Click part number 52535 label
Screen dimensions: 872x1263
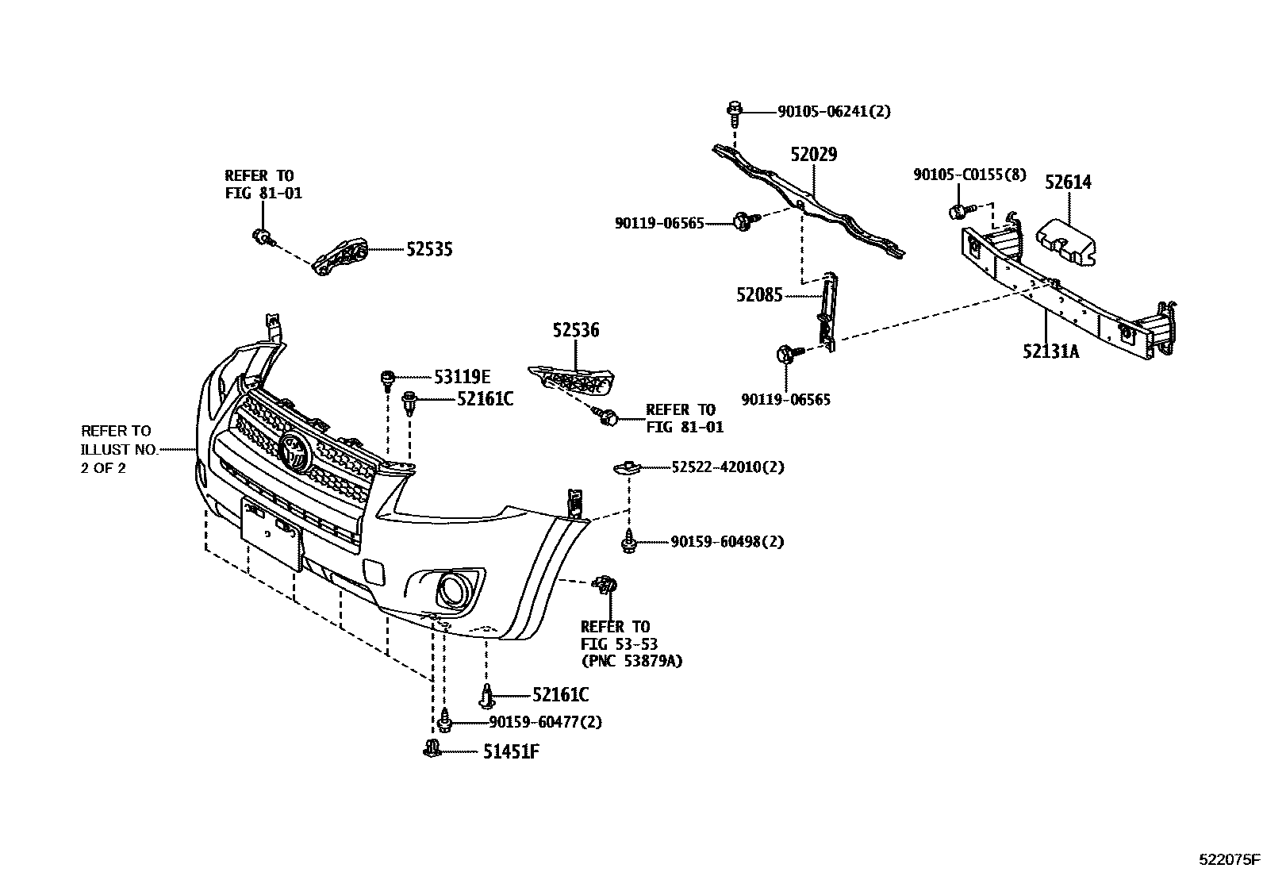(x=429, y=249)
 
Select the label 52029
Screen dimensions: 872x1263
(x=813, y=155)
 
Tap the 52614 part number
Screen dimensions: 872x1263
(x=1068, y=182)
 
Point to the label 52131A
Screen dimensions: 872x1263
(x=1050, y=351)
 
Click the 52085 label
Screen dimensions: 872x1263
(x=759, y=295)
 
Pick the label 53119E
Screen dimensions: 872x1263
(x=462, y=377)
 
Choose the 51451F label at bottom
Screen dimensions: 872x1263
(x=511, y=751)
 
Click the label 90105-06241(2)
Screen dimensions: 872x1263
(x=833, y=112)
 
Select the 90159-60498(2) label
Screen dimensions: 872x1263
(x=727, y=542)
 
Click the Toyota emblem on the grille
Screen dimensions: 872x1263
(x=294, y=453)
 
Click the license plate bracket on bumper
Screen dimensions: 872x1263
(x=271, y=533)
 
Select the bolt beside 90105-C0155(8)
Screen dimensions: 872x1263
(x=958, y=211)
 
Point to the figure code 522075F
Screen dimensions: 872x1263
(x=1229, y=859)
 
